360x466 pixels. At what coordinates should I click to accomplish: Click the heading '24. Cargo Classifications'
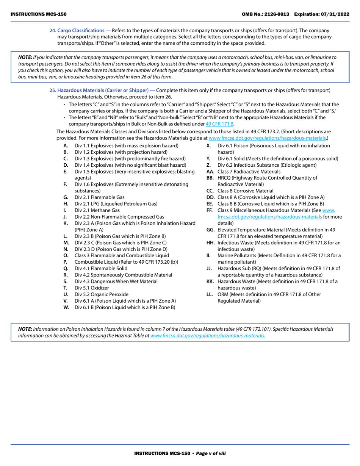tap(77, 30)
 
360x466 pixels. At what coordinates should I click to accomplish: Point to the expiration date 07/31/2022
tap(336, 14)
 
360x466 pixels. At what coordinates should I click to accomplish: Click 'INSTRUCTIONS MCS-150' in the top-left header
tap(38, 14)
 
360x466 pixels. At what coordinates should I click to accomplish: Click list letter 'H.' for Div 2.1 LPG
tap(66, 204)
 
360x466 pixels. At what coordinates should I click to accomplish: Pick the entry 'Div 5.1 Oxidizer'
tap(92, 288)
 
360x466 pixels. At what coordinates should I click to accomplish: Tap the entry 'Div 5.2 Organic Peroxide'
tap(101, 294)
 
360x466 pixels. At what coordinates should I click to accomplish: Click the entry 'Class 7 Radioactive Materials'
tap(249, 172)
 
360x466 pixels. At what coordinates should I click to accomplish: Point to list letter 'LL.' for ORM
tap(210, 294)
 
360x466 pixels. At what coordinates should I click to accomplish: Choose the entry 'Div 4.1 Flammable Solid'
tap(101, 269)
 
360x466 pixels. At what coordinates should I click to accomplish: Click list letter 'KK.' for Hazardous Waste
tap(210, 281)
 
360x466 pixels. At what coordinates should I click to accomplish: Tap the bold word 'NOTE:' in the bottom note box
tap(25, 329)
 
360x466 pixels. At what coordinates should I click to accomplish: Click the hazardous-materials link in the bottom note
tap(207, 336)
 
